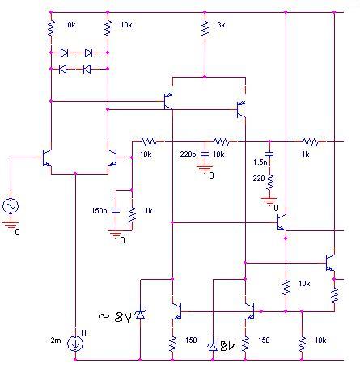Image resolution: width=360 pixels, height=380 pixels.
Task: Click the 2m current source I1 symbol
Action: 75,344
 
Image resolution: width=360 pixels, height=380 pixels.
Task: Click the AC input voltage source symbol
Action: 11,206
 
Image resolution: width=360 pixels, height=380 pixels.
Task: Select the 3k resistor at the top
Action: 205,28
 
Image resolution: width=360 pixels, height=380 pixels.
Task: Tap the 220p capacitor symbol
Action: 205,154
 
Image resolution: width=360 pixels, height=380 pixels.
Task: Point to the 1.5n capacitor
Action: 269,154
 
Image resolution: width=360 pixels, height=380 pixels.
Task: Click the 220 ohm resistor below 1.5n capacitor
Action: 269,182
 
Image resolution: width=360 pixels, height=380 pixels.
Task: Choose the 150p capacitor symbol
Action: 116,211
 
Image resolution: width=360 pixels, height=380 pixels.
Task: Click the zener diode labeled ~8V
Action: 140,315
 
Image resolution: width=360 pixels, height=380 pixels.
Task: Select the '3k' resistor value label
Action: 221,25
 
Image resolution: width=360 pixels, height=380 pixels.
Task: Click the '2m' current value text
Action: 56,340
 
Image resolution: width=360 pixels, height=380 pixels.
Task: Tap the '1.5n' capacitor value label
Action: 260,163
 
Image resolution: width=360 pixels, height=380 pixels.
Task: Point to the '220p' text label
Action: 188,154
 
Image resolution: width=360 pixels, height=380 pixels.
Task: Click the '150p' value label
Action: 100,211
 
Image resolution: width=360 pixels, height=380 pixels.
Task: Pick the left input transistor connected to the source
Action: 47,158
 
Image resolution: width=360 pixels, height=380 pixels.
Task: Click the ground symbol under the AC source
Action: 11,226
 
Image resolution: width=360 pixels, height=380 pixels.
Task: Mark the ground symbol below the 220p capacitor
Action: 205,170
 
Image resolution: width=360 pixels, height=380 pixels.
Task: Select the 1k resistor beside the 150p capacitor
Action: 132,214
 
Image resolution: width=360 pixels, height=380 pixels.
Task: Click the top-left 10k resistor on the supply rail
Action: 51,28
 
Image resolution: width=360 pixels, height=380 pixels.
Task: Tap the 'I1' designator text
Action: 84,333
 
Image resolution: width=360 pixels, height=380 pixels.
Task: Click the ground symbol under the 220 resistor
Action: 269,202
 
